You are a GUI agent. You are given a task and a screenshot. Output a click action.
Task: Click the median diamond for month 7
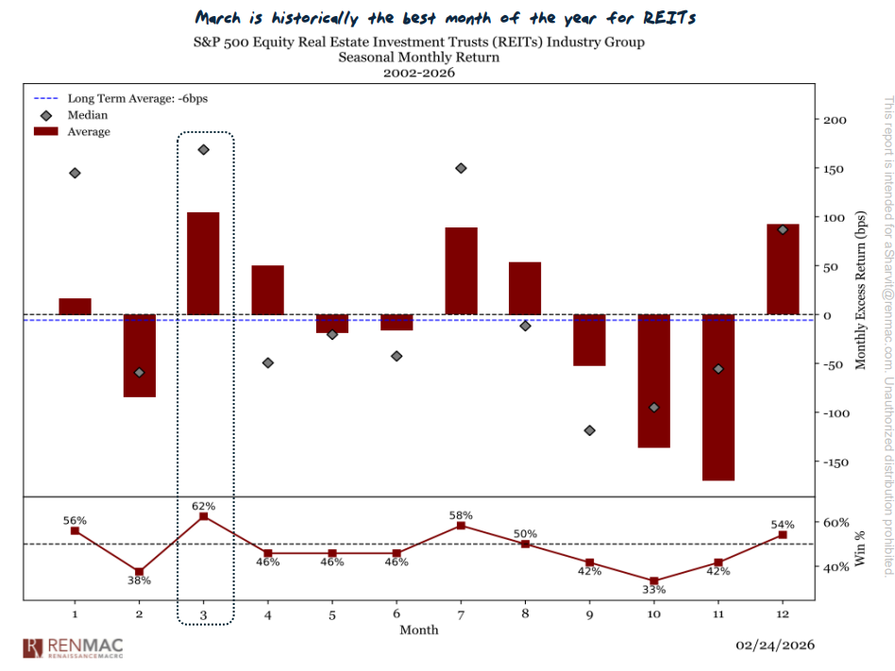click(461, 168)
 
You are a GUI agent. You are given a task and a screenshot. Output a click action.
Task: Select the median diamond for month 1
click(75, 173)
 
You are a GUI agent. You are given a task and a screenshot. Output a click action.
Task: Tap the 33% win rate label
click(654, 590)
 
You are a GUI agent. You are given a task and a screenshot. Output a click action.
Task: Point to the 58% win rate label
click(461, 515)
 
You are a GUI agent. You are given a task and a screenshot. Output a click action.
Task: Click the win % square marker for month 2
click(139, 572)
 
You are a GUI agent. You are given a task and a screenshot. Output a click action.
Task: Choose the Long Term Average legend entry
click(97, 98)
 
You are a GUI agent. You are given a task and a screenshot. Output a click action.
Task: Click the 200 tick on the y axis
click(835, 120)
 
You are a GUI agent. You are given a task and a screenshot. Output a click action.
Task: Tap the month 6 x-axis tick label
click(396, 613)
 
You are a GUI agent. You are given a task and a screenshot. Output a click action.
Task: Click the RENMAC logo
click(72, 647)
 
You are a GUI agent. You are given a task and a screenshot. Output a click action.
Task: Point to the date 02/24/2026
click(775, 646)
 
